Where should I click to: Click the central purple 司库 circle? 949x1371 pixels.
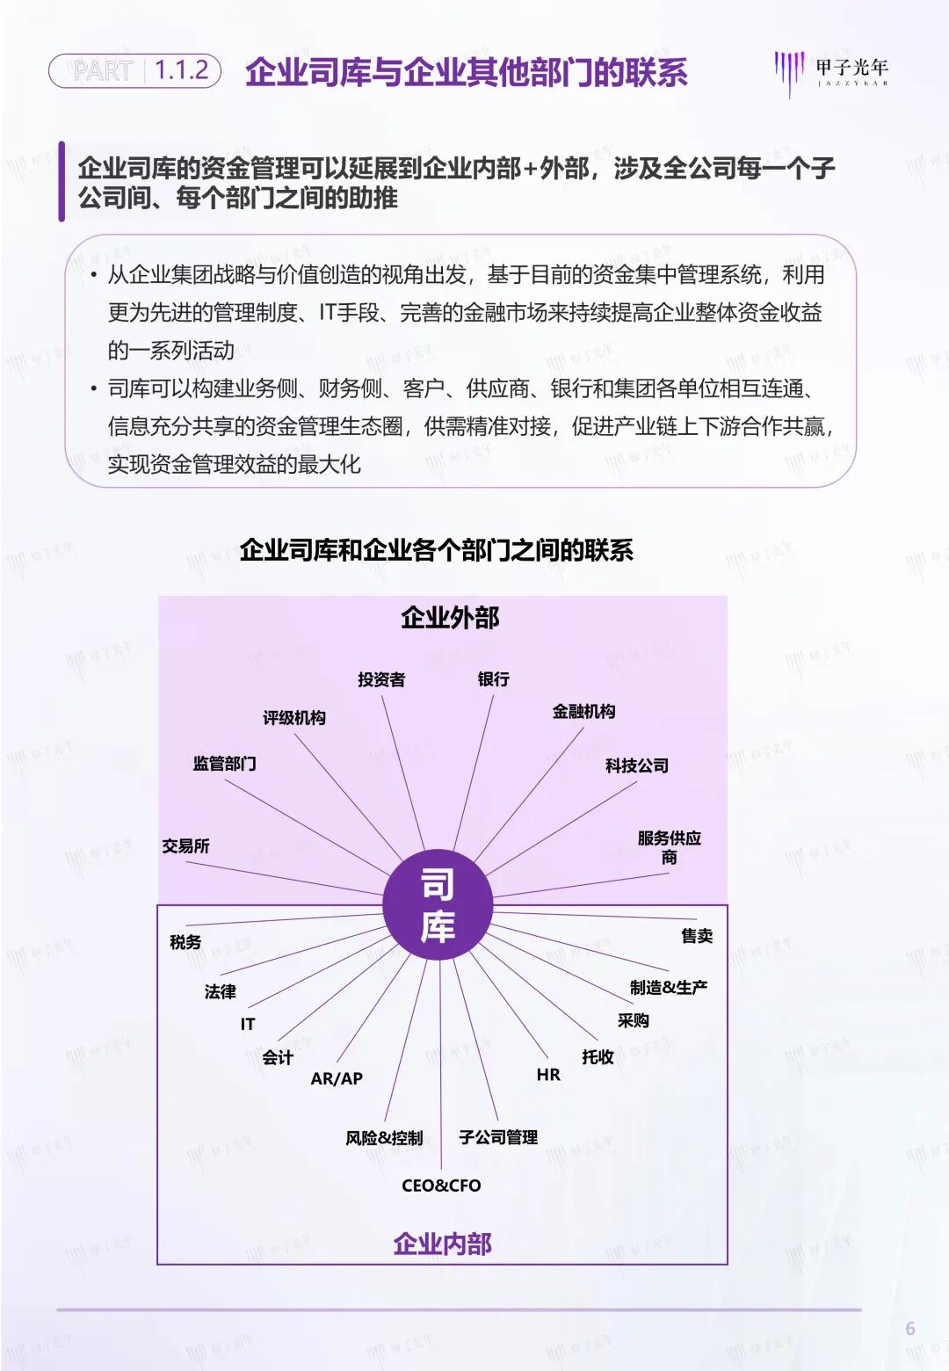pos(438,904)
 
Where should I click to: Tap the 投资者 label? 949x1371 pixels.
pos(381,679)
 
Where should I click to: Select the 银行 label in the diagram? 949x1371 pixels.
pos(493,678)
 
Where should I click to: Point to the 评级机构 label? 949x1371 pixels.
pos(294,718)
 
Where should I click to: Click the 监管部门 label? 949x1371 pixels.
pos(225,764)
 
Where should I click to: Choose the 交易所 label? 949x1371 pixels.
pos(185,846)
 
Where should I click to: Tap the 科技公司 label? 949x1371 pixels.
pos(637,765)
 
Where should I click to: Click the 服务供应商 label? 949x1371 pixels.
pos(670,848)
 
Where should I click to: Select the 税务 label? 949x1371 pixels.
pos(185,942)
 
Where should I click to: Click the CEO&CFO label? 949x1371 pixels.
pos(441,1186)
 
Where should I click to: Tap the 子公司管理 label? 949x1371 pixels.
pos(498,1137)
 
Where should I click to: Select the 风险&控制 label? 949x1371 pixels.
pos(384,1138)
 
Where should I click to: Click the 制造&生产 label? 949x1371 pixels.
pos(669,987)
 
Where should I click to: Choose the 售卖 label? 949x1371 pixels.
pos(697,936)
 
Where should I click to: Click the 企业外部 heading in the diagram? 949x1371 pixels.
pos(450,618)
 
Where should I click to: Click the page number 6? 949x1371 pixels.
pos(910,1329)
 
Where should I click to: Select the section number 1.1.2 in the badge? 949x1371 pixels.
pos(182,70)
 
